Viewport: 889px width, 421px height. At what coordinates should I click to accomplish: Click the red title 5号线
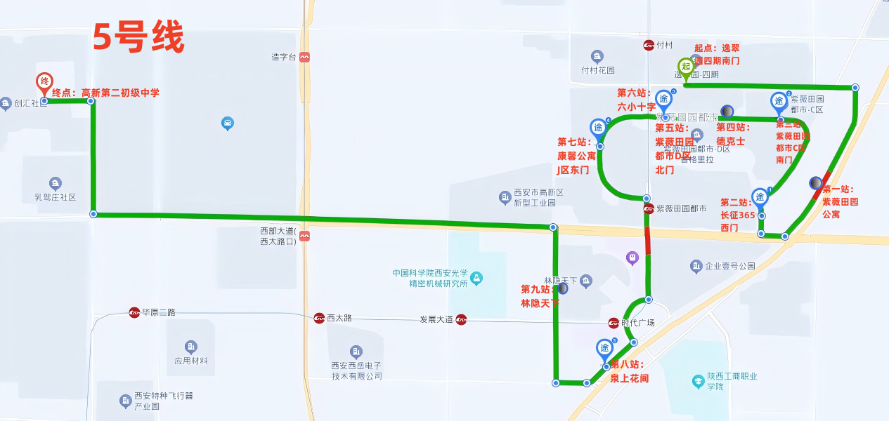pyautogui.click(x=138, y=38)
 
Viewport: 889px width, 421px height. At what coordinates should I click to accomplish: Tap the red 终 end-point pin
pyautogui.click(x=45, y=81)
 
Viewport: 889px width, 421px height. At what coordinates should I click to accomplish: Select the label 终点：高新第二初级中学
pyautogui.click(x=106, y=93)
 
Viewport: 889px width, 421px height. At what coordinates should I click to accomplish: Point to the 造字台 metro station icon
pyautogui.click(x=304, y=58)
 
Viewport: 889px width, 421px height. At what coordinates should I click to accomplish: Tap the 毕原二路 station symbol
pyautogui.click(x=134, y=313)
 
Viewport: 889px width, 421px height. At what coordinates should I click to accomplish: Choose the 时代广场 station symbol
pyautogui.click(x=614, y=323)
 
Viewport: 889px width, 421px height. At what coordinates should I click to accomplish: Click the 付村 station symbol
pyautogui.click(x=649, y=46)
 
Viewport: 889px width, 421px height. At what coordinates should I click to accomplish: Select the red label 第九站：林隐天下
pyautogui.click(x=540, y=296)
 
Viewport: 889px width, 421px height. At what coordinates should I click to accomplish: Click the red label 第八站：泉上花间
pyautogui.click(x=628, y=371)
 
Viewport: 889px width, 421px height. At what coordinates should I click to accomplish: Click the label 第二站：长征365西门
pyautogui.click(x=737, y=215)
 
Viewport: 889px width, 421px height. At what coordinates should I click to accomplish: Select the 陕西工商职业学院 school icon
pyautogui.click(x=699, y=382)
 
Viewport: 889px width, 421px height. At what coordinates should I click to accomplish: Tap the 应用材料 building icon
pyautogui.click(x=191, y=347)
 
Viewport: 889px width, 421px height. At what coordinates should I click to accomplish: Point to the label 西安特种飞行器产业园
pyautogui.click(x=163, y=401)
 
